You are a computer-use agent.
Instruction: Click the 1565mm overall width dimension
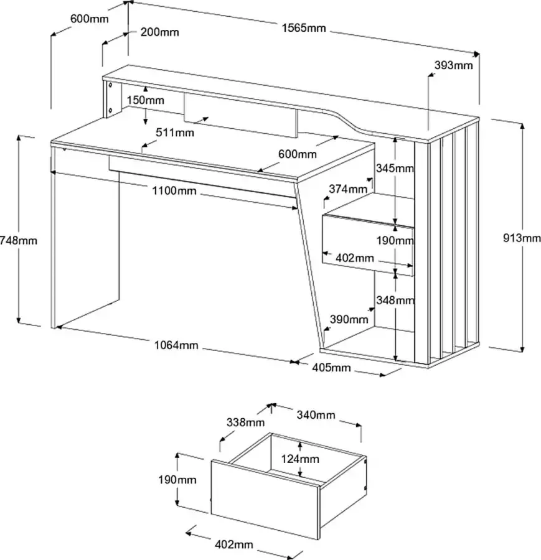coord(304,29)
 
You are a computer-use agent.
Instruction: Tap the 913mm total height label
coord(521,237)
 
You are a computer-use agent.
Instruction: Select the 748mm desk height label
coord(19,240)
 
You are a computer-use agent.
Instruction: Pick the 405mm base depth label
coord(331,367)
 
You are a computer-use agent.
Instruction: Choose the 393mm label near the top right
coord(454,65)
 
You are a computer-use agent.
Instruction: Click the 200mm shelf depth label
coord(160,32)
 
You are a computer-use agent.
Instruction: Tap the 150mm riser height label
coord(145,100)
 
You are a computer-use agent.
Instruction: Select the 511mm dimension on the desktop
coord(175,133)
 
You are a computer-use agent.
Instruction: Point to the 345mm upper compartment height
coord(395,168)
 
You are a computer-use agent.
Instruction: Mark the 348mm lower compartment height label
coord(395,301)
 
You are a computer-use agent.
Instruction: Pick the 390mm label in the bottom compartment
coord(349,319)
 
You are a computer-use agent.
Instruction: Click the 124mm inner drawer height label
coord(300,459)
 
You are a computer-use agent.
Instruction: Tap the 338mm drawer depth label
coord(245,423)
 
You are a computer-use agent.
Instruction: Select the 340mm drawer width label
coord(316,415)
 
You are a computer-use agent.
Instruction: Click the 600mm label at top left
coord(89,19)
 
